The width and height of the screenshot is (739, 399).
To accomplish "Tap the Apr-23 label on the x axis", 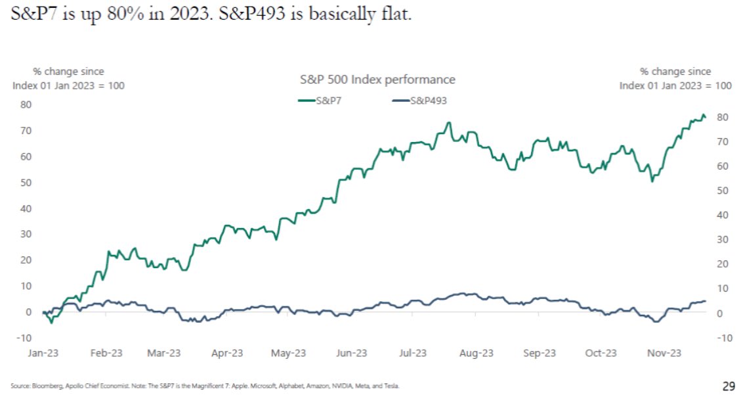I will coord(228,354).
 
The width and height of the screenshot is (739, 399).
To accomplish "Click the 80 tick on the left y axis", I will coord(26,104).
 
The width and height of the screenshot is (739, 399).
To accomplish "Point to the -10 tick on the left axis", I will coord(24,338).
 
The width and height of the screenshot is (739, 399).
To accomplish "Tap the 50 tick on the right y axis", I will coord(721,191).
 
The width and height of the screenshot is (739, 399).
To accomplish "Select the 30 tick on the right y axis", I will coord(721,240).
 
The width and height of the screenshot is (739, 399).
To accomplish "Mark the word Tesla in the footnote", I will coord(391,386).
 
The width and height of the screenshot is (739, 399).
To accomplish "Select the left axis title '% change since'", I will coord(68,72).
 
